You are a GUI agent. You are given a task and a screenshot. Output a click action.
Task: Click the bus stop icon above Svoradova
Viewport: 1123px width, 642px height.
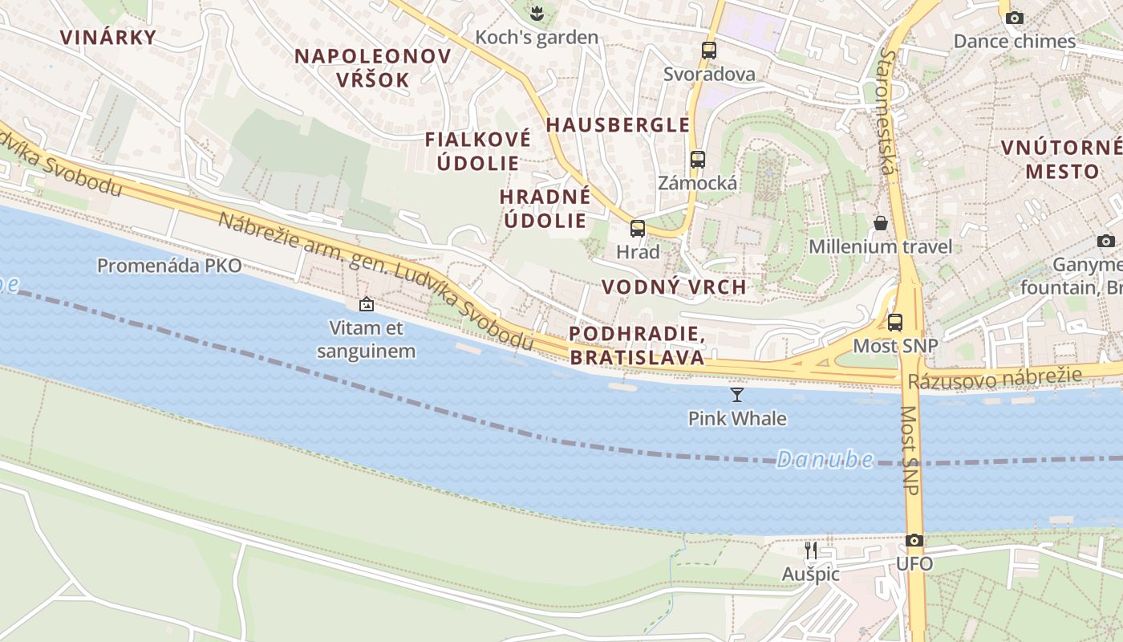tap(708, 50)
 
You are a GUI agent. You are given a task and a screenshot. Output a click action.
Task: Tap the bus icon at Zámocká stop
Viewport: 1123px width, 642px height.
tap(697, 159)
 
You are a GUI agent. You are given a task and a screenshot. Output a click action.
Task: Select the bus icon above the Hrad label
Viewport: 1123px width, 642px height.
tap(638, 228)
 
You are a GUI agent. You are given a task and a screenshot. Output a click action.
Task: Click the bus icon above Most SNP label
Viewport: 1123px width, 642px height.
tap(894, 323)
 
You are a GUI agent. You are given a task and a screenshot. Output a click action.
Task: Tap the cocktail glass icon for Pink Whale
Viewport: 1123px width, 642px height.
tap(737, 394)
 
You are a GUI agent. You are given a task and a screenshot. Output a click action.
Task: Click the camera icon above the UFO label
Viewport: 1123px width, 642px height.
tap(914, 540)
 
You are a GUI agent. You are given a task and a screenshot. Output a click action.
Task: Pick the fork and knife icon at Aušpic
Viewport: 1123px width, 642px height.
tap(811, 550)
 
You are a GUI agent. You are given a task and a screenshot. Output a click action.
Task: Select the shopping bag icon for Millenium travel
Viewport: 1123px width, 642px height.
tap(881, 222)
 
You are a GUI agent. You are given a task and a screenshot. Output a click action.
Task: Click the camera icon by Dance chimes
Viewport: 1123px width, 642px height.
tap(1015, 18)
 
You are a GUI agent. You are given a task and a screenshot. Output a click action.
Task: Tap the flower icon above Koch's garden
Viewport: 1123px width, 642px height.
tap(536, 13)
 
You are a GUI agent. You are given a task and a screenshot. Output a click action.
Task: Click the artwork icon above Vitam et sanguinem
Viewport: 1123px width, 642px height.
tap(367, 304)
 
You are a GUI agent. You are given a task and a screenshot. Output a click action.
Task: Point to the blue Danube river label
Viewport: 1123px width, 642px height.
tap(825, 459)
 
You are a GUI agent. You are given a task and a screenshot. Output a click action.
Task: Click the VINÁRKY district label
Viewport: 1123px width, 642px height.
tap(107, 37)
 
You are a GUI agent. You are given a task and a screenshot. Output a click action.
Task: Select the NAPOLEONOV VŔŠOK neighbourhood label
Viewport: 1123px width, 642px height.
tap(372, 67)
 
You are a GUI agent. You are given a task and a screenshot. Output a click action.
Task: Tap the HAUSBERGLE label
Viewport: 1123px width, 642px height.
tap(618, 124)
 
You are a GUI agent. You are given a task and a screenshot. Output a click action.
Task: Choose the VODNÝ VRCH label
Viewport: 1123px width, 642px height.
tap(674, 286)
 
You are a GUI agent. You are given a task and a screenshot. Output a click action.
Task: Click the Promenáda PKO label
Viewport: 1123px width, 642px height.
tap(169, 266)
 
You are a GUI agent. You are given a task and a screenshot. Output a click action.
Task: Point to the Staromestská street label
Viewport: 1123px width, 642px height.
tap(886, 112)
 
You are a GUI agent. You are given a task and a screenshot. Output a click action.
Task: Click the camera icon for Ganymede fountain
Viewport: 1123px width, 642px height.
tap(1105, 241)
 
